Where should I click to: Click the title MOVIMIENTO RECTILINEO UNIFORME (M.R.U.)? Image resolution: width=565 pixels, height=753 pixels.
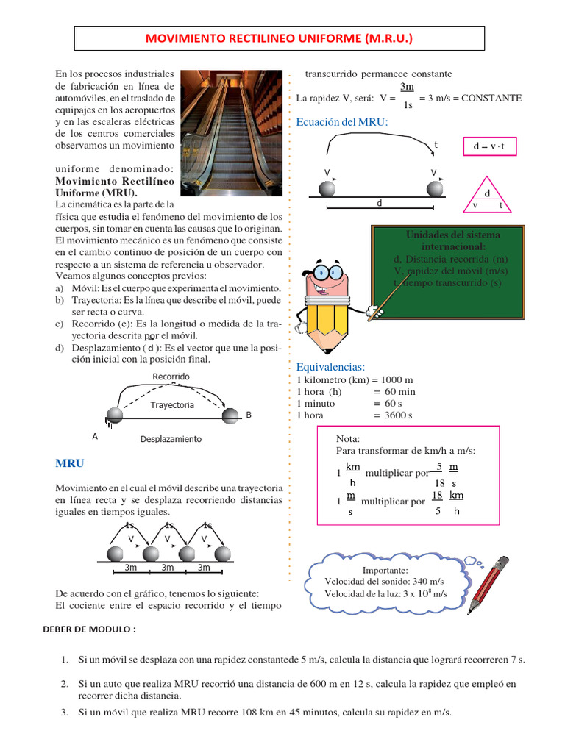click(x=280, y=38)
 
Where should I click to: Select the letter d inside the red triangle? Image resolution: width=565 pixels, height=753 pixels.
click(x=487, y=193)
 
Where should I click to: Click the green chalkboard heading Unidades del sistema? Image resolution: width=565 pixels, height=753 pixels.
click(x=452, y=235)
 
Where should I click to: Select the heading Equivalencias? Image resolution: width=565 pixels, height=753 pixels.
click(x=330, y=367)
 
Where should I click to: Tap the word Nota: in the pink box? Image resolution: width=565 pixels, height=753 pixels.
click(x=347, y=438)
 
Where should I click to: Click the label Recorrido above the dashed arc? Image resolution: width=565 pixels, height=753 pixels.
click(x=171, y=376)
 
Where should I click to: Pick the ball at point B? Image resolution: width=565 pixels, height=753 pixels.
click(x=230, y=415)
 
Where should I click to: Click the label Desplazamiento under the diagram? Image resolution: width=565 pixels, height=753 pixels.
click(x=171, y=439)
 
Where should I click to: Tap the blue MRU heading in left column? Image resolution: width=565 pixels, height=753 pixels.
click(x=70, y=463)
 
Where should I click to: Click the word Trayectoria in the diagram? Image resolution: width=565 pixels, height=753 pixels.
click(x=172, y=405)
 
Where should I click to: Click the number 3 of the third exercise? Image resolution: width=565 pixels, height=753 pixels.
click(x=65, y=712)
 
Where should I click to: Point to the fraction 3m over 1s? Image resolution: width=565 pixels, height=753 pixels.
click(x=407, y=96)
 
